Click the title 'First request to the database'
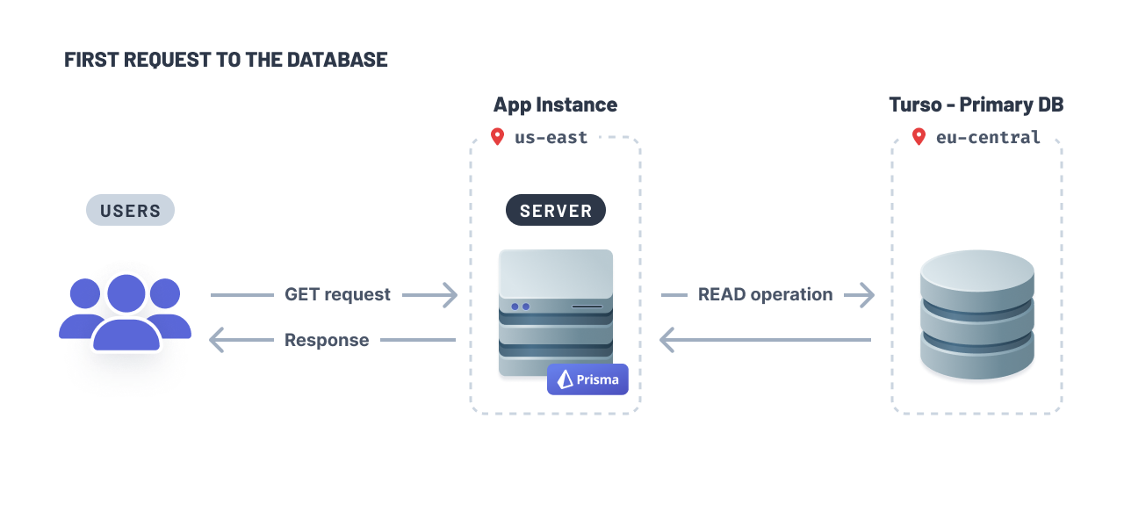click(x=226, y=60)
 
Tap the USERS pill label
click(x=130, y=210)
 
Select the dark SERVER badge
click(x=555, y=211)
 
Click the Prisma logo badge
click(x=587, y=379)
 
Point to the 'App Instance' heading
click(x=555, y=105)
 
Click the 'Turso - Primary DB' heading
click(x=976, y=105)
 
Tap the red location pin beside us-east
click(x=497, y=136)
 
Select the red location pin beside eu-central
click(x=919, y=136)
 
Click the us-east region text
click(x=551, y=137)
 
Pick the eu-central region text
click(x=988, y=137)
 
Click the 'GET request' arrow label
click(x=337, y=294)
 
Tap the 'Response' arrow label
click(x=327, y=340)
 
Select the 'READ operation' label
click(x=765, y=294)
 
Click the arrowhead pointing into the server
click(x=450, y=294)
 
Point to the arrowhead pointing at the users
click(x=216, y=340)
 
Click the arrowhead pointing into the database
click(x=868, y=294)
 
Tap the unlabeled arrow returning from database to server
click(x=764, y=340)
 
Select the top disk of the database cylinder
click(x=976, y=272)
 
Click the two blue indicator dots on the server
click(x=520, y=307)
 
